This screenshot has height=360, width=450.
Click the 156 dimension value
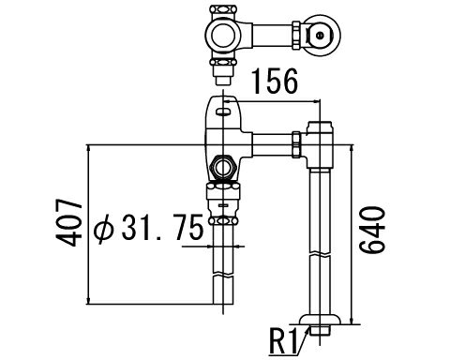point(275,82)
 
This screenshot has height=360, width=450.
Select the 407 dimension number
point(68,222)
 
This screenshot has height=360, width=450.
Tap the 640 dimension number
point(371,230)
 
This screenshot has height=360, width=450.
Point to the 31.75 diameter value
point(163,227)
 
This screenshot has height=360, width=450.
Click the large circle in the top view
point(223,35)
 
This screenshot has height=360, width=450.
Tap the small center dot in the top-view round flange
point(320,36)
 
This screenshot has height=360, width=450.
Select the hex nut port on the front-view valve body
point(223,167)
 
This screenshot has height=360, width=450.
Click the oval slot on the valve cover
point(223,111)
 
